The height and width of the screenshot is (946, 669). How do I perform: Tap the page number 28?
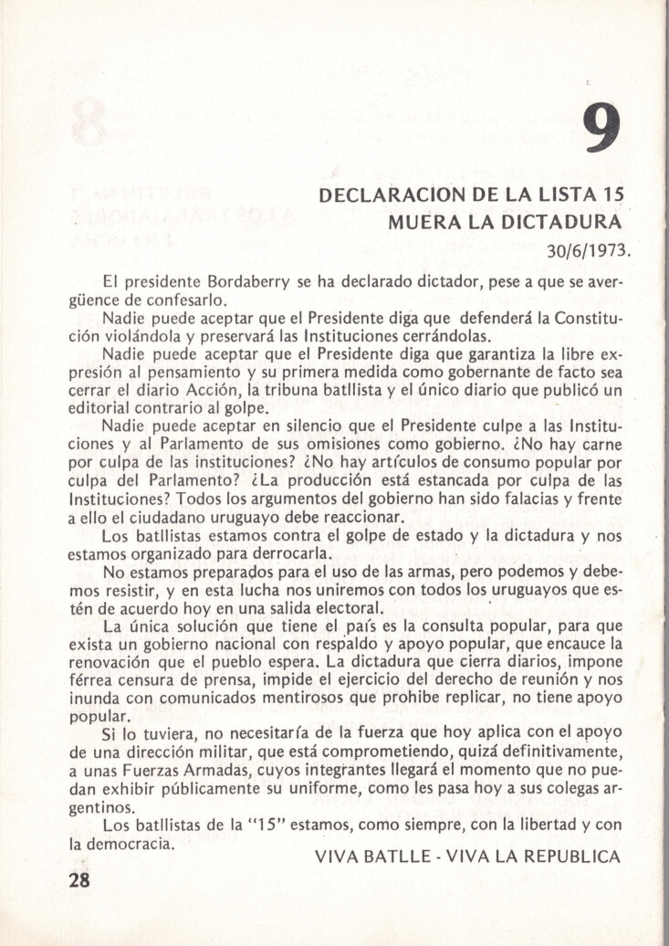(x=80, y=879)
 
